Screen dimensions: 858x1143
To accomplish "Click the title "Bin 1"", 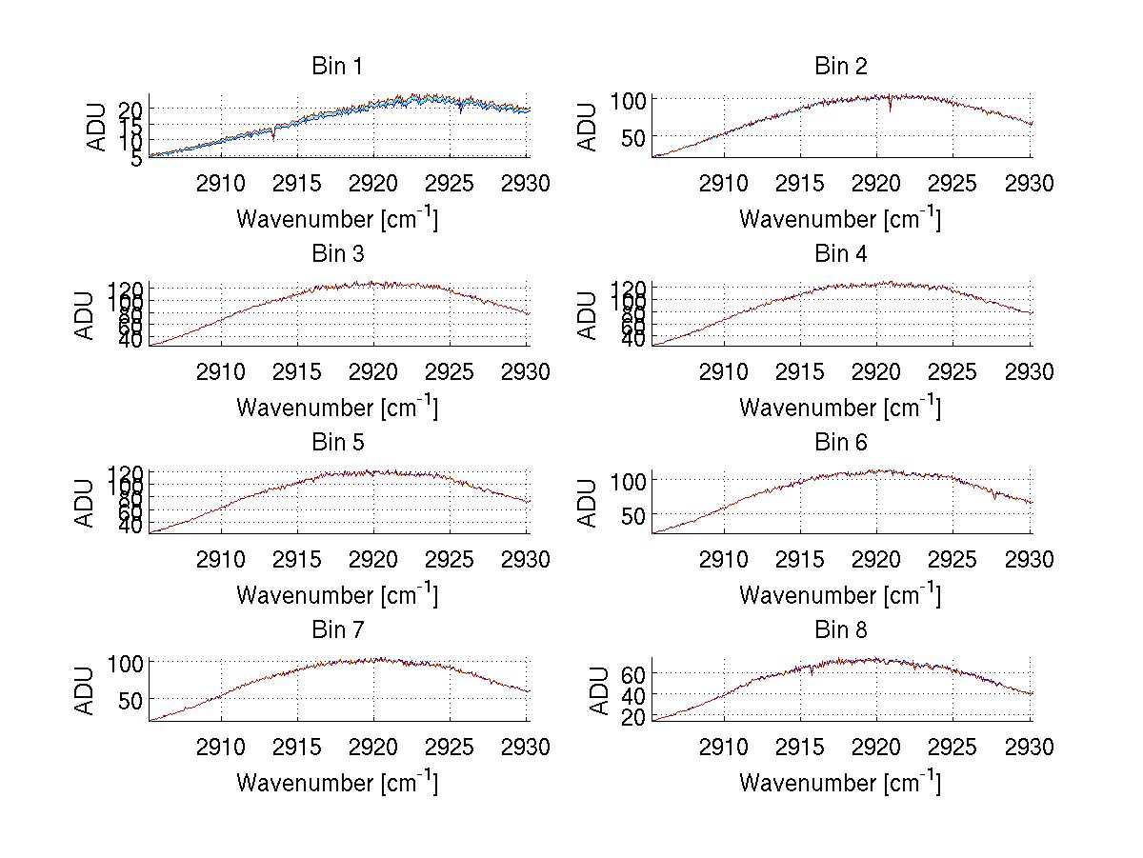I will (x=337, y=66).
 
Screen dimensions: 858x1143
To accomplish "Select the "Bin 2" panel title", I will (x=840, y=66).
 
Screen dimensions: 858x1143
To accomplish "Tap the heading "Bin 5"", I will (x=337, y=442).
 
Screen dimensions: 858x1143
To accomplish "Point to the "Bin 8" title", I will (x=840, y=629).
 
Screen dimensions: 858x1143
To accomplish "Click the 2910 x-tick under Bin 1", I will (x=221, y=183).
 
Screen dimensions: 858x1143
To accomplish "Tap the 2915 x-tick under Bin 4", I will (x=800, y=371).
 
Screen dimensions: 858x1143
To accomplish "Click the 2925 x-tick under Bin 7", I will (x=451, y=747).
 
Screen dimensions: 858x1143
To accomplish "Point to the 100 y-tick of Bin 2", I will (x=629, y=99).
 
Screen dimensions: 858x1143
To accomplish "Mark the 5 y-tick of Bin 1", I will (x=137, y=158).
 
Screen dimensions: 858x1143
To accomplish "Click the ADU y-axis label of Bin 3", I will (x=87, y=315).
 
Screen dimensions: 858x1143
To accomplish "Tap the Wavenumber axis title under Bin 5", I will (x=337, y=595).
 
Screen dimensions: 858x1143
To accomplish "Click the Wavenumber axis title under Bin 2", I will (x=840, y=219).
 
